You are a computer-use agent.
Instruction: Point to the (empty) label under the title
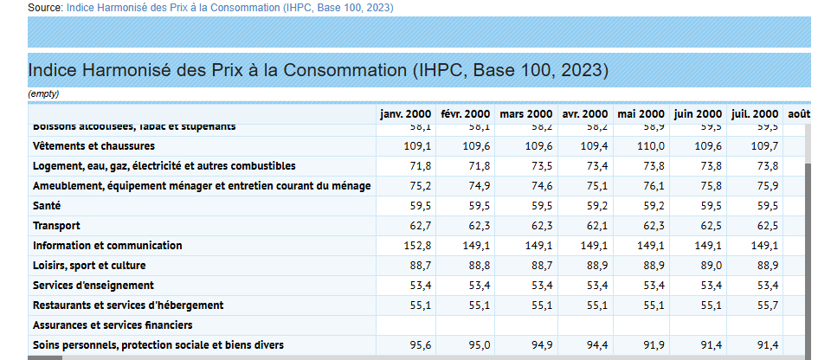click(x=43, y=93)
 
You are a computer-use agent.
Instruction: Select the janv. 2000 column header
click(x=406, y=114)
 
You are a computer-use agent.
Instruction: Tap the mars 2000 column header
click(x=525, y=114)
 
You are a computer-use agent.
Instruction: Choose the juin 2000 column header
click(x=698, y=114)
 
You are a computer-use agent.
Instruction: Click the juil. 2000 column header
click(x=755, y=114)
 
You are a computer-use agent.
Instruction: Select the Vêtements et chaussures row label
click(x=93, y=145)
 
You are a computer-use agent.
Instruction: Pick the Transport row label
click(x=56, y=226)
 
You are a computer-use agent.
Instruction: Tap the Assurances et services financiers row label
click(x=113, y=325)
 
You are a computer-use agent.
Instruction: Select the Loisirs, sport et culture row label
click(x=89, y=266)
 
